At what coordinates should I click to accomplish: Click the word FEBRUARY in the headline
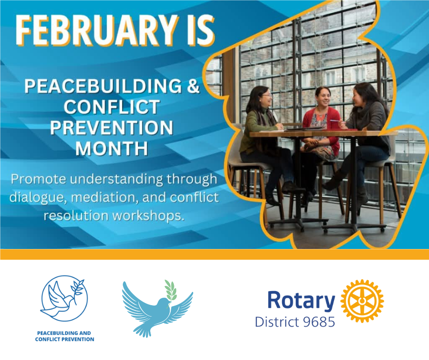[x=96, y=30]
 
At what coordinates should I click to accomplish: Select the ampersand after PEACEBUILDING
[x=193, y=86]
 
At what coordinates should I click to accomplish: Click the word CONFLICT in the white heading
[x=112, y=106]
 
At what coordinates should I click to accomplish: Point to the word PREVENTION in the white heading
[x=112, y=127]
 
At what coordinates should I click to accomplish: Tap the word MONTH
[x=112, y=148]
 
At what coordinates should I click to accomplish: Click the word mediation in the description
[x=105, y=197]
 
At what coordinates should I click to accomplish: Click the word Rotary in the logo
[x=301, y=301]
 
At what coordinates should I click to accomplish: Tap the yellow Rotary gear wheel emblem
[x=362, y=301]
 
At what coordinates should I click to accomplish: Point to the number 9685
[x=319, y=322]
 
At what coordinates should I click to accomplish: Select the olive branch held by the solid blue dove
[x=171, y=292]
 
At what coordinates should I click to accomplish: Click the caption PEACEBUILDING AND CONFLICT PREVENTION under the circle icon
[x=64, y=336]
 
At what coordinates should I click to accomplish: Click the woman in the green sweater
[x=264, y=143]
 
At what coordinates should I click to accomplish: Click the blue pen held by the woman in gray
[x=335, y=121]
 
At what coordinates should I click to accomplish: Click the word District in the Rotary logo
[x=277, y=322]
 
